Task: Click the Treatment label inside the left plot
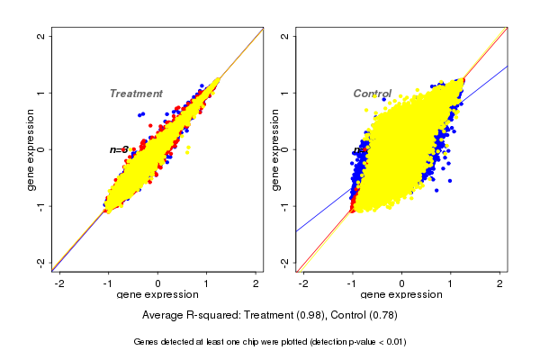(136, 94)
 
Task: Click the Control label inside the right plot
(372, 94)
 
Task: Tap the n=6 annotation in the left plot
(119, 149)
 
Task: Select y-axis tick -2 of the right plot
(285, 262)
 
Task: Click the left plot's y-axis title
(31, 149)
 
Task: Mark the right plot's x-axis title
(401, 295)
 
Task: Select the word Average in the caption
(163, 315)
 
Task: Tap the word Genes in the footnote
(147, 342)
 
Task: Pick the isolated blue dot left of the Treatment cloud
(141, 114)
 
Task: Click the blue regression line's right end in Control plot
(508, 66)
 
